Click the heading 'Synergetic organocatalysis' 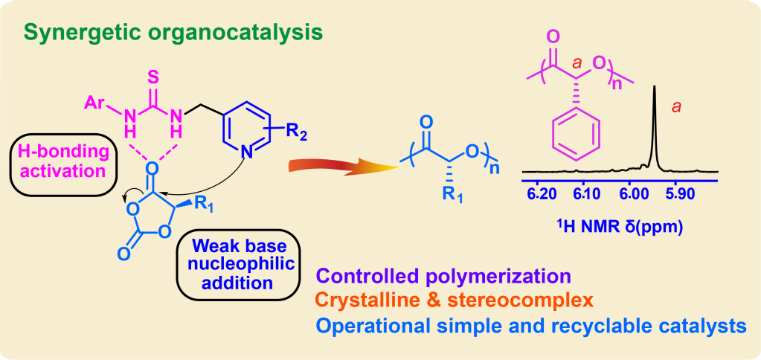173,33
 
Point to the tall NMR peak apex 654,88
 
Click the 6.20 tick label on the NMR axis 541,195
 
